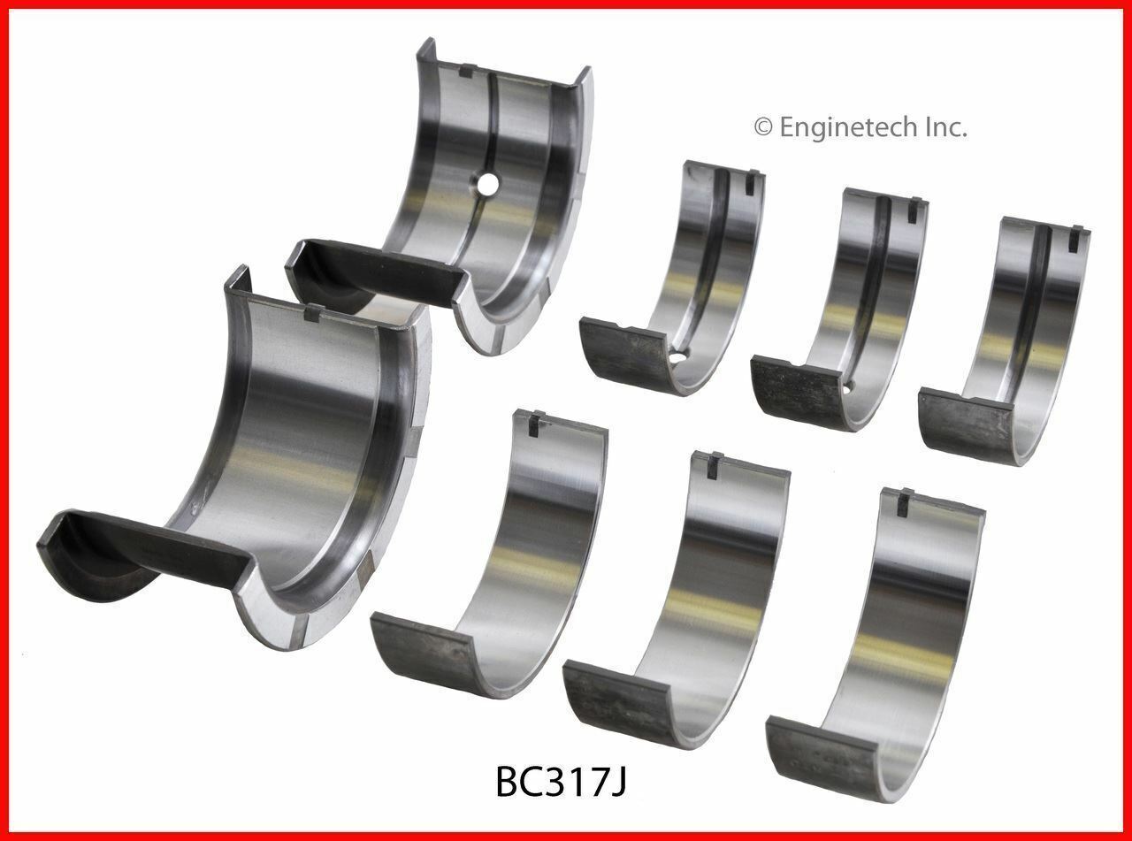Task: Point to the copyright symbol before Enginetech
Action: (763, 128)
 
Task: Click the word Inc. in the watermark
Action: (945, 127)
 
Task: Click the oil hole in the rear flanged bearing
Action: (485, 185)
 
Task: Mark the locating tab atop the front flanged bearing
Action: (311, 311)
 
